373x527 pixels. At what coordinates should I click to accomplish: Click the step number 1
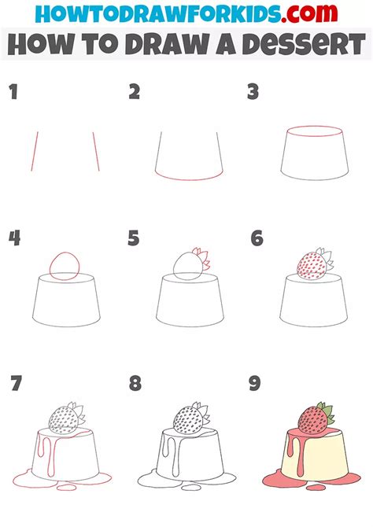click(13, 93)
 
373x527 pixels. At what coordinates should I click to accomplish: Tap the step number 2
click(135, 93)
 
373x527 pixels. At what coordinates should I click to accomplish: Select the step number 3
click(253, 93)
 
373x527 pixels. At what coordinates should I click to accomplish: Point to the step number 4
click(14, 238)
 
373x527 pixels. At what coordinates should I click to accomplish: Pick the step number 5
click(135, 238)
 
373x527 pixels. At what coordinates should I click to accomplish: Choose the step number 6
click(256, 238)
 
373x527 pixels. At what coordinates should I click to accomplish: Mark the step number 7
click(15, 385)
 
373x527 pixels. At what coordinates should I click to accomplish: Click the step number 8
click(135, 385)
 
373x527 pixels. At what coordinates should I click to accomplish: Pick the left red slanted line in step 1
click(34, 151)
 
